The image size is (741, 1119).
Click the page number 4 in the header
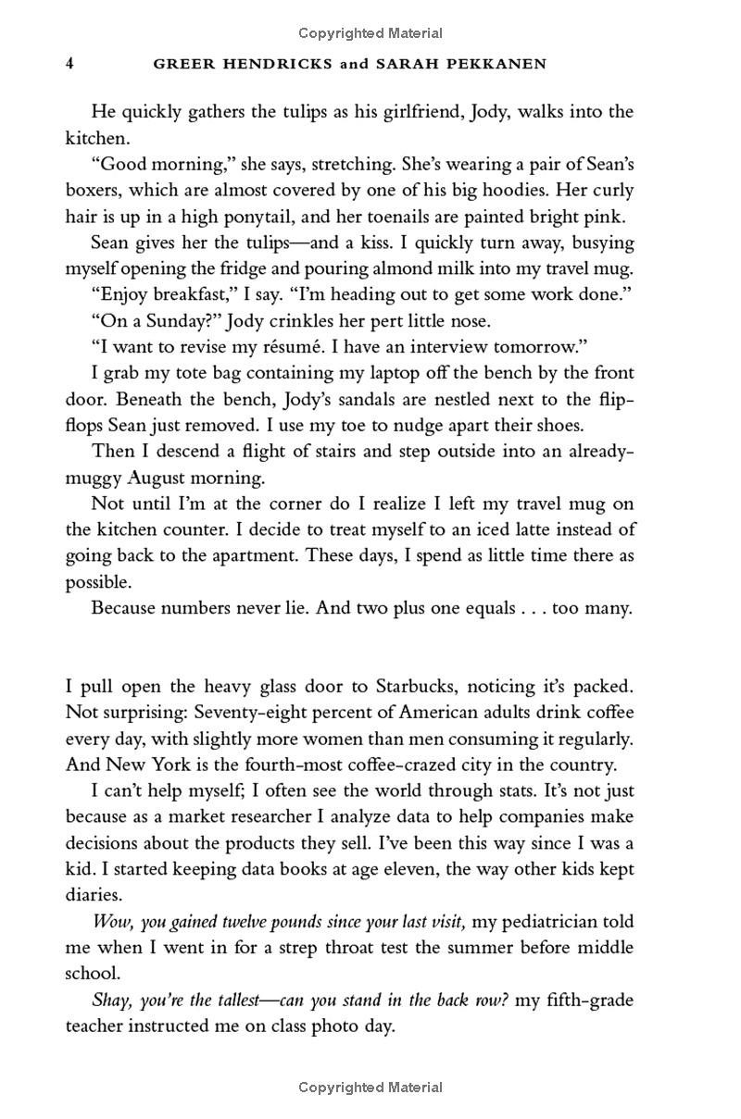point(69,64)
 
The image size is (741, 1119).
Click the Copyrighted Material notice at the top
point(370,33)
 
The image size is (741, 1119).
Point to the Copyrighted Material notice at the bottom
point(370,1088)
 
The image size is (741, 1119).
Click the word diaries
point(94,895)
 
